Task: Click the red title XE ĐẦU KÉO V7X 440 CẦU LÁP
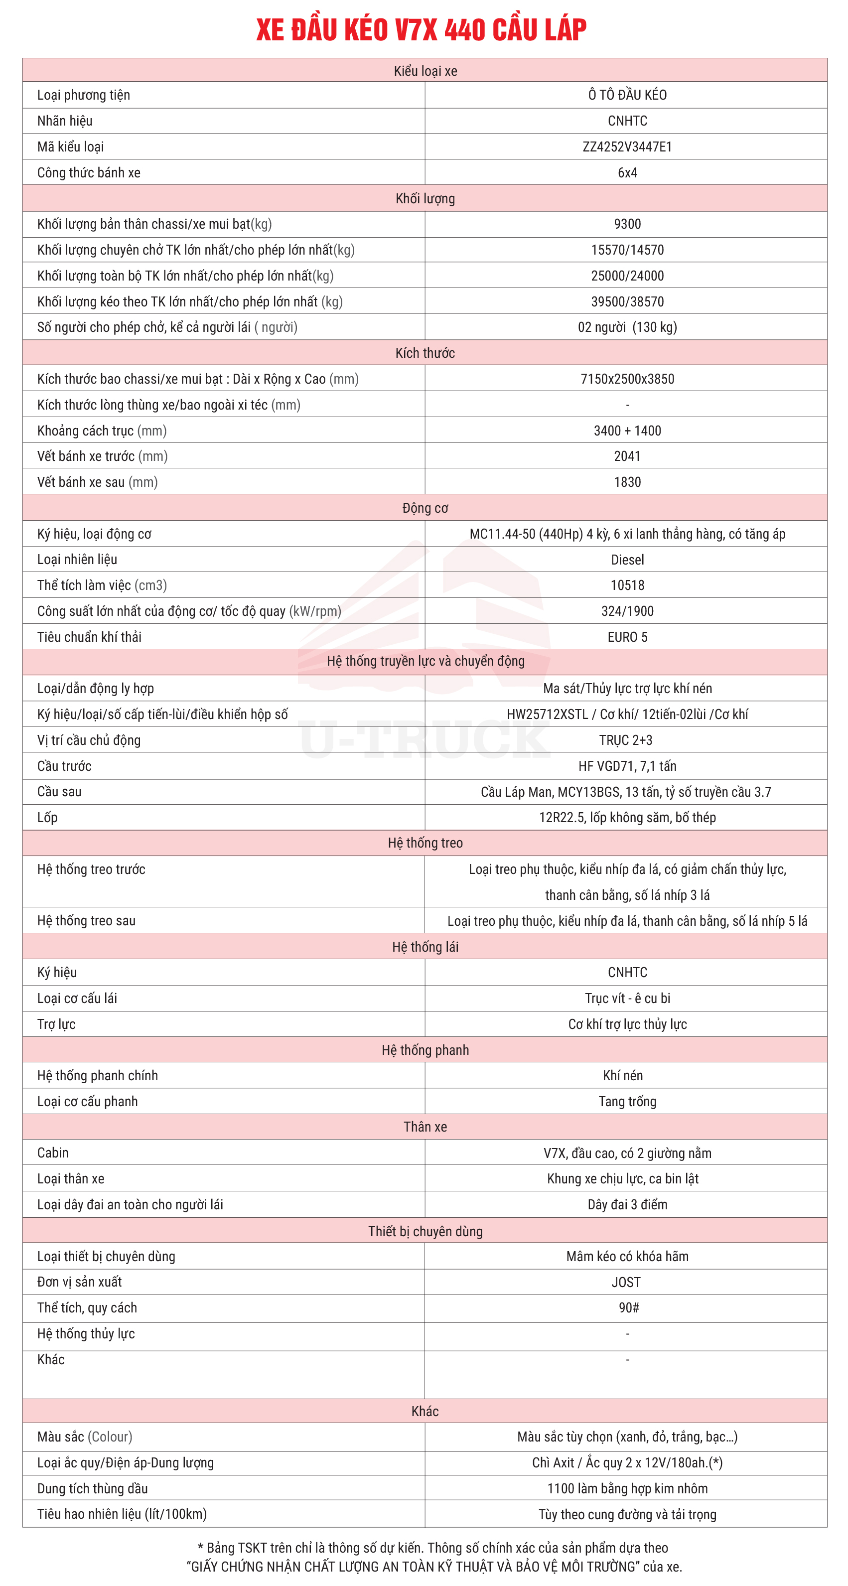(421, 29)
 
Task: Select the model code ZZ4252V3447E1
(627, 146)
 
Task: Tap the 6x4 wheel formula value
(627, 172)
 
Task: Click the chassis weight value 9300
(627, 224)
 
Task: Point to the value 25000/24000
(627, 276)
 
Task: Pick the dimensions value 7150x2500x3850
(627, 379)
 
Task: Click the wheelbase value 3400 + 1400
(627, 431)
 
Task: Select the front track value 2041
(627, 456)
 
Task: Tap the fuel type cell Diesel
(627, 560)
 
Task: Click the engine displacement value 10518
(627, 585)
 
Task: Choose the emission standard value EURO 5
(627, 637)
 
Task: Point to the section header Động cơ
(425, 508)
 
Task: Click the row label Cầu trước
(64, 766)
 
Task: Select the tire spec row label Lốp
(47, 818)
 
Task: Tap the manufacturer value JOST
(626, 1283)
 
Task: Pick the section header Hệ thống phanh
(425, 1050)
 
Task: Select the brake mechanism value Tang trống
(627, 1102)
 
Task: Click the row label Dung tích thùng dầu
(92, 1489)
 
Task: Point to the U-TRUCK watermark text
(425, 739)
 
